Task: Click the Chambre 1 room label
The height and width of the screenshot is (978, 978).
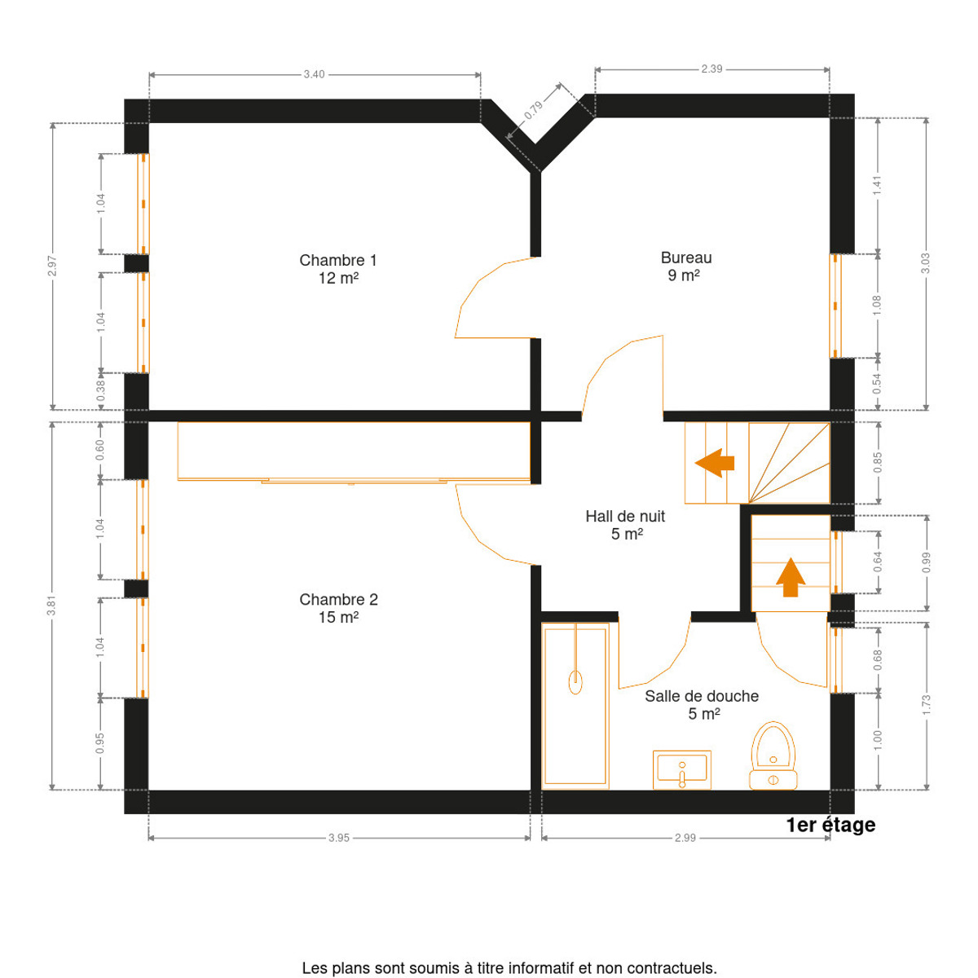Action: [338, 268]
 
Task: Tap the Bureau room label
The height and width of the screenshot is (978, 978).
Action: [685, 266]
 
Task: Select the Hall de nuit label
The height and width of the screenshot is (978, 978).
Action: [625, 525]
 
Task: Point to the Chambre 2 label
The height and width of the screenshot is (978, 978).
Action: [338, 608]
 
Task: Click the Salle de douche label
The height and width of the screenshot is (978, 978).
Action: [702, 704]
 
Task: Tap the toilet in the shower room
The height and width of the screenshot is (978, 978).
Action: [773, 756]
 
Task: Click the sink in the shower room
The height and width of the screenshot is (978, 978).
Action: [681, 770]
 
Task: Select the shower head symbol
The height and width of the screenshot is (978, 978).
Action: [575, 682]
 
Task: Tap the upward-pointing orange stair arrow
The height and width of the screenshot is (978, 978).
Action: [791, 578]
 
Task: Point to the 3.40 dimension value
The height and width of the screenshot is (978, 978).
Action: [314, 75]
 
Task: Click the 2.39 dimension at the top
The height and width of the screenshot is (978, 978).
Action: [711, 69]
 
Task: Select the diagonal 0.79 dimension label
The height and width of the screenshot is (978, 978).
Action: [533, 111]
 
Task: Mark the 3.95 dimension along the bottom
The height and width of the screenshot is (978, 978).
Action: [338, 838]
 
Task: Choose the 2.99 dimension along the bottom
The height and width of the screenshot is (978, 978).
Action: [685, 838]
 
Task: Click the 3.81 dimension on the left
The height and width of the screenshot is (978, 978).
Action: [51, 606]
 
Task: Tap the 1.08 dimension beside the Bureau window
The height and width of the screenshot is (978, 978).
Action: [877, 305]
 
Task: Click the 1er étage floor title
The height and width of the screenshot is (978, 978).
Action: [830, 826]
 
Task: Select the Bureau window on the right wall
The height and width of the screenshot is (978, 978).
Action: [835, 306]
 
